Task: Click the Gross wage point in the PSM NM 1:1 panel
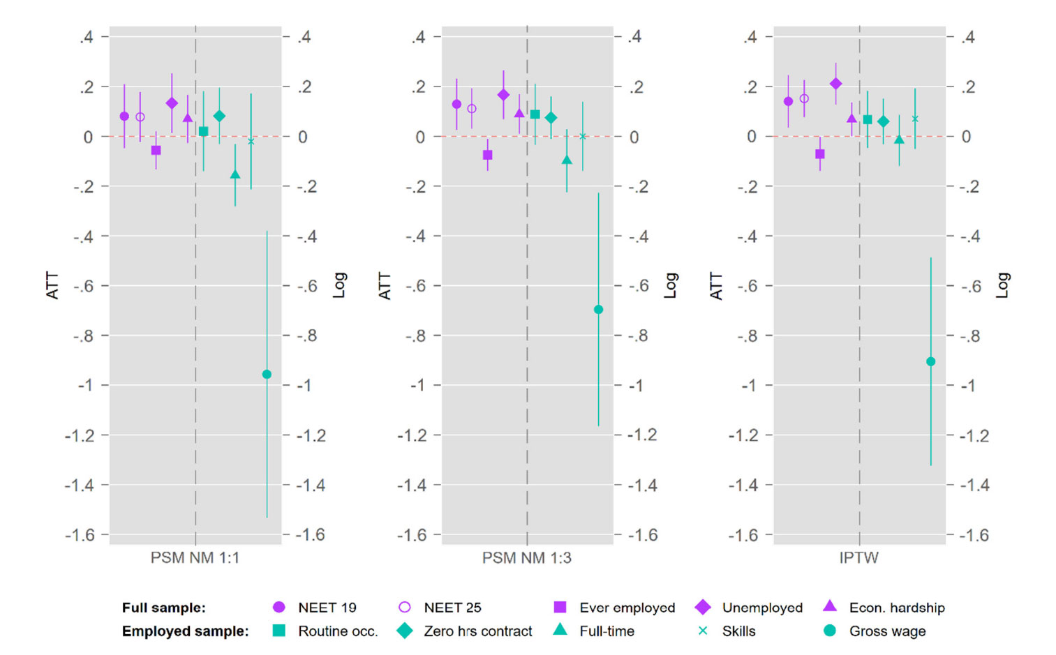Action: pyautogui.click(x=267, y=375)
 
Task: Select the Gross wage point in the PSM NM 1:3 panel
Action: pyautogui.click(x=598, y=310)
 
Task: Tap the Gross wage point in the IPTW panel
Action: pyautogui.click(x=930, y=361)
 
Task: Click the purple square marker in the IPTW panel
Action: pyautogui.click(x=820, y=153)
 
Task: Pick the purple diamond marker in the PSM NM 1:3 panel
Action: pyautogui.click(x=503, y=95)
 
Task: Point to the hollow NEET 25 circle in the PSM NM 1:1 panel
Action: pyautogui.click(x=140, y=117)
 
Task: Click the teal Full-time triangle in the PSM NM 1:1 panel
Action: pyautogui.click(x=235, y=174)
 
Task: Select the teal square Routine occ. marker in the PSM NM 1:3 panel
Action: pyautogui.click(x=535, y=114)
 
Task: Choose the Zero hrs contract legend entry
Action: pyautogui.click(x=477, y=631)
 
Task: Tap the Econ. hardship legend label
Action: pyautogui.click(x=896, y=608)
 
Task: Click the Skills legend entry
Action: pyautogui.click(x=738, y=631)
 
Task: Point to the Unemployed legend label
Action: pyautogui.click(x=761, y=608)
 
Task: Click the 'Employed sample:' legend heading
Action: pyautogui.click(x=185, y=631)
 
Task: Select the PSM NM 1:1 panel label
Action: pyautogui.click(x=195, y=558)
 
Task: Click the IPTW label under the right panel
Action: pyautogui.click(x=858, y=558)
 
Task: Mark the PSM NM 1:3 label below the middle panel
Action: pyautogui.click(x=527, y=558)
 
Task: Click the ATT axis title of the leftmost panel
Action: pyautogui.click(x=52, y=286)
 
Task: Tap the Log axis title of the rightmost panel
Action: pyautogui.click(x=1003, y=285)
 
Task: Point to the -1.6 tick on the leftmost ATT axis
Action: pyautogui.click(x=80, y=535)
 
